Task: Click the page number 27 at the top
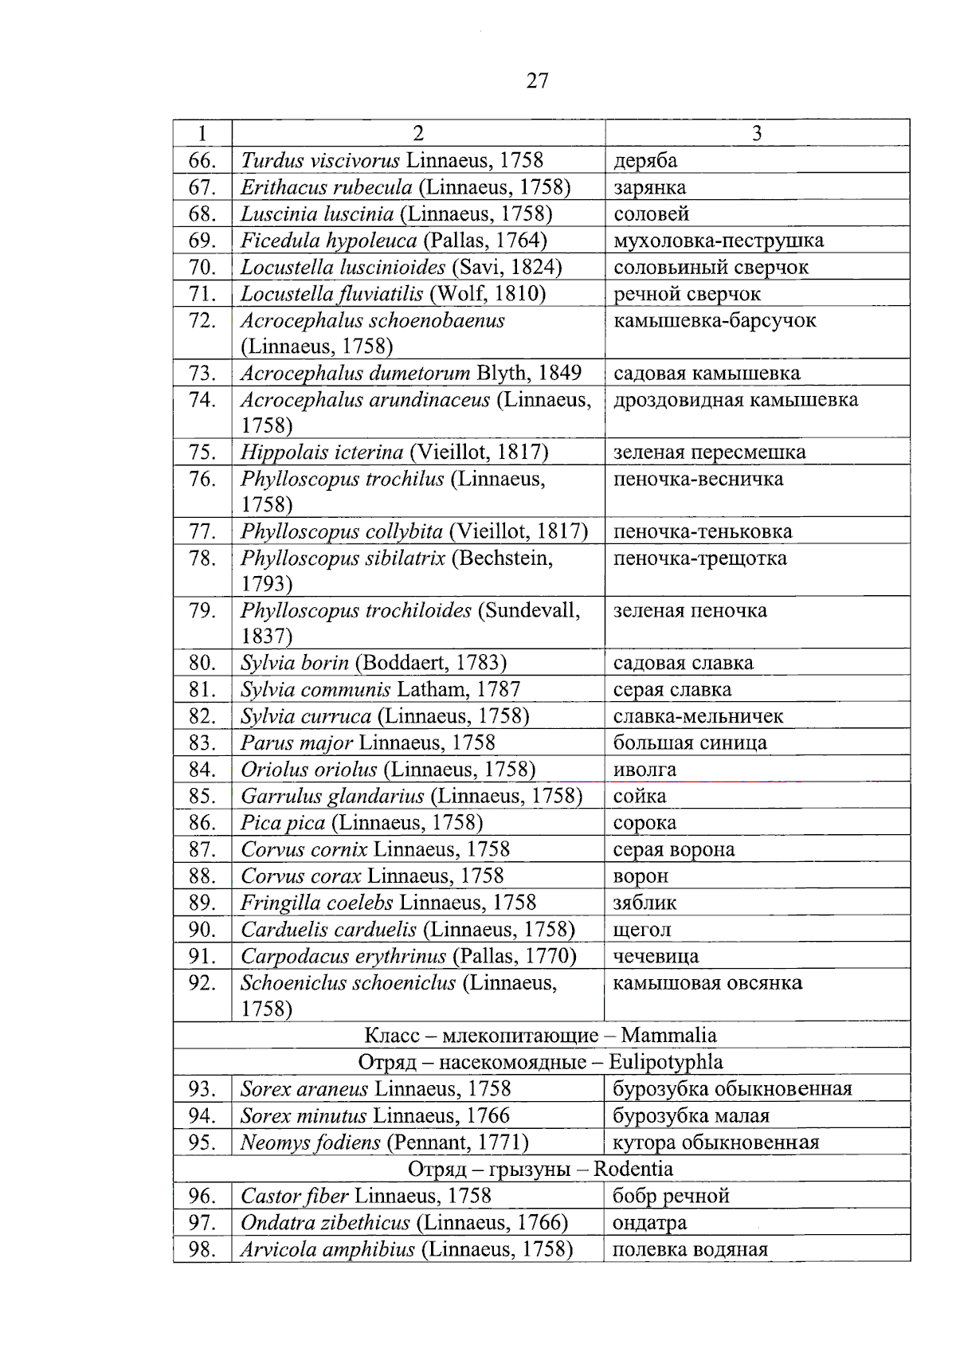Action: point(537,80)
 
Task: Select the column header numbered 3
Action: point(756,133)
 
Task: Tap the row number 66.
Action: point(202,160)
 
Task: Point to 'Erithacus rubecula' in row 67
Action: point(327,187)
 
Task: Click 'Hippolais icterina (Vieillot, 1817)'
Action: point(394,453)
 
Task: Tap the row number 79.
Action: point(202,611)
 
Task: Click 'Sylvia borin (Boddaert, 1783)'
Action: point(374,663)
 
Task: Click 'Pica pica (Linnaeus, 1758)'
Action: point(362,823)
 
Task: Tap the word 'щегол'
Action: point(642,930)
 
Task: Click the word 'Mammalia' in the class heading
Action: point(668,1036)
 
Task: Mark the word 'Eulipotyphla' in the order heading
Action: point(665,1062)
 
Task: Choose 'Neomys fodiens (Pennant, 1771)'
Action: point(385,1142)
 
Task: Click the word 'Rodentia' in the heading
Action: point(633,1170)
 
